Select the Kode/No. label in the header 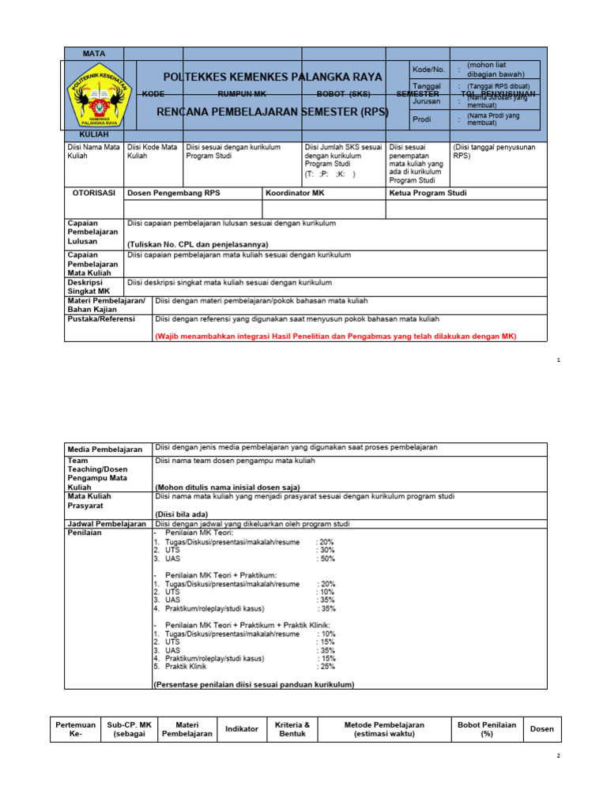point(428,70)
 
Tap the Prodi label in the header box point(421,120)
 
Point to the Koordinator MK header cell point(295,192)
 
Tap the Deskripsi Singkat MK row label point(89,287)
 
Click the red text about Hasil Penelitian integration point(335,336)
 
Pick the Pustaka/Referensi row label point(101,319)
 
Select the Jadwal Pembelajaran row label point(107,524)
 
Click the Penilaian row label point(85,534)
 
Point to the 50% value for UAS point(326,558)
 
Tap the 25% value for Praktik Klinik point(326,666)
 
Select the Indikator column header point(242,728)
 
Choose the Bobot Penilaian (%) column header point(487,728)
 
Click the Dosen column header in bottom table point(542,728)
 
